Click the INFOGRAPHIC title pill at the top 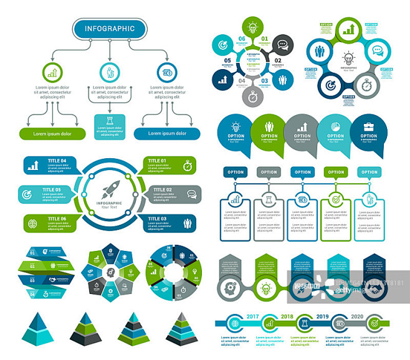click(109, 28)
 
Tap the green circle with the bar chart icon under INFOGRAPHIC click(52, 72)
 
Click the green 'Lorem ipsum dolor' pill click(52, 133)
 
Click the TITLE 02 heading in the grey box click(160, 189)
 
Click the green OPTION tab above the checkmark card click(336, 172)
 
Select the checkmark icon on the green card click(336, 199)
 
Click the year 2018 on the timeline click(287, 316)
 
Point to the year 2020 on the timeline click(357, 316)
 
